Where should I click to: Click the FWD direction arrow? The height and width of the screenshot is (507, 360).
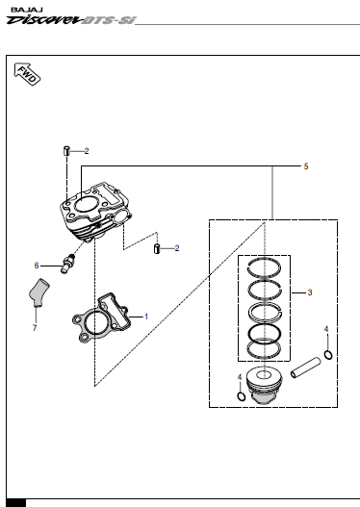[27, 74]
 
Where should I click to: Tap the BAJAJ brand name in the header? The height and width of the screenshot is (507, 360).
[27, 10]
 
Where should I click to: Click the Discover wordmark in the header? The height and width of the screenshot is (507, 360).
[43, 20]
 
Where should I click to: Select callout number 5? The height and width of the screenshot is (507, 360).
[306, 166]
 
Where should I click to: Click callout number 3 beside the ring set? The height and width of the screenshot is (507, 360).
[310, 292]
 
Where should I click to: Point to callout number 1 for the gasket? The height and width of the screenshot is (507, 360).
[146, 317]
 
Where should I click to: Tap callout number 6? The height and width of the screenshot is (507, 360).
[37, 266]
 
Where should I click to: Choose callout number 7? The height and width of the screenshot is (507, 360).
[35, 328]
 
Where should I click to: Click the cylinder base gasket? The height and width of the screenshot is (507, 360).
[101, 317]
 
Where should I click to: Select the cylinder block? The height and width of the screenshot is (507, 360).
[95, 212]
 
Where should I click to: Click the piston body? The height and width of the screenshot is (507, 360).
[264, 385]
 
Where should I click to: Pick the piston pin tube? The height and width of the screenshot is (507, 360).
[306, 368]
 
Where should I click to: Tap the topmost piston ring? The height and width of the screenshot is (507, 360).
[265, 267]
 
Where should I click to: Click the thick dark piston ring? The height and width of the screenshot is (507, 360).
[265, 333]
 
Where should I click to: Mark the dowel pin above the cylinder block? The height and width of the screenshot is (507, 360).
[66, 151]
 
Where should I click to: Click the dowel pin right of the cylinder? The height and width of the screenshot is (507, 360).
[157, 249]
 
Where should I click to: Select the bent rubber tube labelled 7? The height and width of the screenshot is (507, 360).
[39, 292]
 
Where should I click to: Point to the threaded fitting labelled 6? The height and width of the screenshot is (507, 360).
[67, 264]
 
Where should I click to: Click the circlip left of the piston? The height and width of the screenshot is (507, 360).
[242, 396]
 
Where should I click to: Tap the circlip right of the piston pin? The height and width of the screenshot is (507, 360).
[328, 355]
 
